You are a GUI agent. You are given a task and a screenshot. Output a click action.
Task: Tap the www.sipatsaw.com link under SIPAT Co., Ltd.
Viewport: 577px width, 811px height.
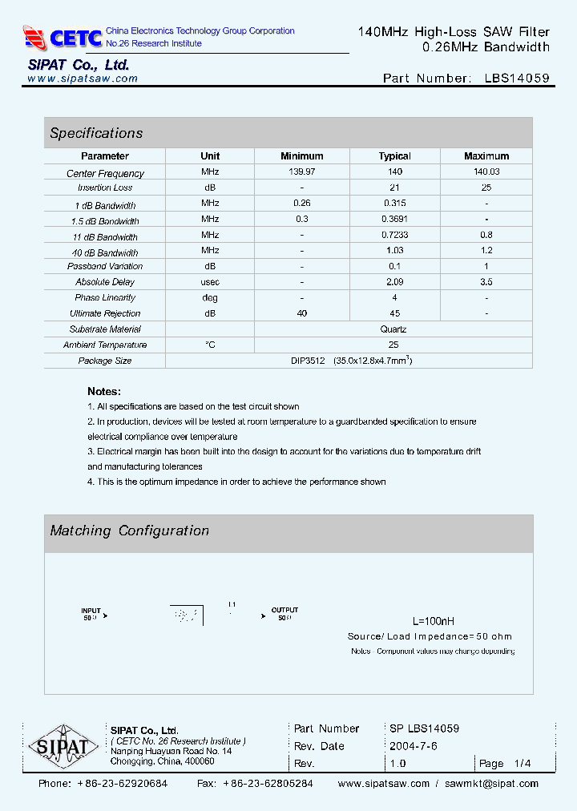point(83,79)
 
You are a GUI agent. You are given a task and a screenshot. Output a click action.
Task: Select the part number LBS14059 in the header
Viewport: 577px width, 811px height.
point(517,79)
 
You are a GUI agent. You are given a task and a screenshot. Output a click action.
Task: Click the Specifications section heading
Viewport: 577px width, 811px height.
point(96,133)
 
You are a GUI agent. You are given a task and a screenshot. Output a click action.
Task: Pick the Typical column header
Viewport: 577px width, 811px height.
point(394,156)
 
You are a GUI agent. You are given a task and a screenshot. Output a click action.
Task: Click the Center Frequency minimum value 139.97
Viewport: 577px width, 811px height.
point(302,172)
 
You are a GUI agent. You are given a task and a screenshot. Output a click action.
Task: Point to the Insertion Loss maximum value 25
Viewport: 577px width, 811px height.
point(486,188)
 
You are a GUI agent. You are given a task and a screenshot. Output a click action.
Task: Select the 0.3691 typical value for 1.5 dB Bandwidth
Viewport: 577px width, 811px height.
point(394,220)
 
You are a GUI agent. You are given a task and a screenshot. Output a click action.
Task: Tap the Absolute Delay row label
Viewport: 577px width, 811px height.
point(105,282)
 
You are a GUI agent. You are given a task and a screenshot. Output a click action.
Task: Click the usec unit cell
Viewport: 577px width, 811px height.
point(210,282)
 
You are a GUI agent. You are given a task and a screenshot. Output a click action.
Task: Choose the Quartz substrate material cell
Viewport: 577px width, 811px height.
point(393,329)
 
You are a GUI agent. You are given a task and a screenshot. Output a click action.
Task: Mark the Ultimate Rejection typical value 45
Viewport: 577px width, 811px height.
point(394,313)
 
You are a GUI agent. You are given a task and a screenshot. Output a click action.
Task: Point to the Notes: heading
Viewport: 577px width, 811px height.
point(104,391)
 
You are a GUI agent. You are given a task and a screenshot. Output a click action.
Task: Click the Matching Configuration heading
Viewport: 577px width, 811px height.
point(129,531)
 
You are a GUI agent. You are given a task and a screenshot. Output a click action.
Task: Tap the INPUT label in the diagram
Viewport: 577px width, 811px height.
point(91,611)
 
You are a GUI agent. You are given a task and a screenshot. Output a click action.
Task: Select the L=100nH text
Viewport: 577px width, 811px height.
point(433,621)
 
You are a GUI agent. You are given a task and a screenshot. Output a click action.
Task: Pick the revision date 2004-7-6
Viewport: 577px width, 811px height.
point(413,746)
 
